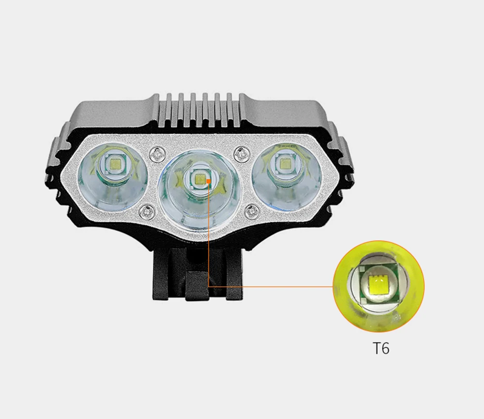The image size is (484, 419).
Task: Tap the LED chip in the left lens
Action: click(x=116, y=165)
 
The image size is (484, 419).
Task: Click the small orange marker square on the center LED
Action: click(x=208, y=181)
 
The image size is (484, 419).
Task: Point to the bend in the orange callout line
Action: click(x=208, y=286)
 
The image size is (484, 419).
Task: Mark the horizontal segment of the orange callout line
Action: click(x=271, y=286)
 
